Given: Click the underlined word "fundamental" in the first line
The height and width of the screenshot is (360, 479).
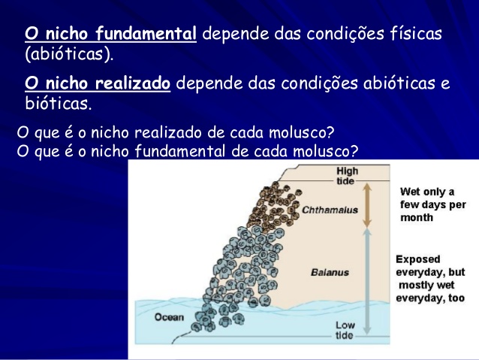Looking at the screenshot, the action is (x=146, y=33).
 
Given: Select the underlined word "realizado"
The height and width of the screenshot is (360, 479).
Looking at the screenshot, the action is (x=133, y=83).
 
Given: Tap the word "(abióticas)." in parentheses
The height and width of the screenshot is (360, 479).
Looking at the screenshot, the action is (x=69, y=54).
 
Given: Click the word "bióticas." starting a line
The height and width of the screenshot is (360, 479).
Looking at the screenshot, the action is (x=59, y=103).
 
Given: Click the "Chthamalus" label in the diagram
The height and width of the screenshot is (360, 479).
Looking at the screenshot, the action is (x=330, y=210).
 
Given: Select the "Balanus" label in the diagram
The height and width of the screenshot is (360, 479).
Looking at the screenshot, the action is (x=330, y=272).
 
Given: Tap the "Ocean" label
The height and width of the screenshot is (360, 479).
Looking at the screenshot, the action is (x=169, y=317).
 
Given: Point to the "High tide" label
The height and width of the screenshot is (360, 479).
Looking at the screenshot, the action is (x=347, y=176).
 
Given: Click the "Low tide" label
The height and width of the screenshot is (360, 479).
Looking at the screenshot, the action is (x=345, y=330).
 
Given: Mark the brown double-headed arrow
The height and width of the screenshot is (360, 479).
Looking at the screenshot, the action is (x=367, y=205).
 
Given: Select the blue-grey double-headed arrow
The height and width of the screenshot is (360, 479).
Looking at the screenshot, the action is (x=367, y=282).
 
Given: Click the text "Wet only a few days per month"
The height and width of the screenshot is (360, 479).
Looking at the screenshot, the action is (x=433, y=204).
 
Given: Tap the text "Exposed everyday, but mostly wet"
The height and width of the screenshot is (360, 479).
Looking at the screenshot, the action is (x=430, y=272).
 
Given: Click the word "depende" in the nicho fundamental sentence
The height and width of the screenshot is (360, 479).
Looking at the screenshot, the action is (x=236, y=34).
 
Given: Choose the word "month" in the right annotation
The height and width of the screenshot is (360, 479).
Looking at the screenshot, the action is (x=417, y=217).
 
